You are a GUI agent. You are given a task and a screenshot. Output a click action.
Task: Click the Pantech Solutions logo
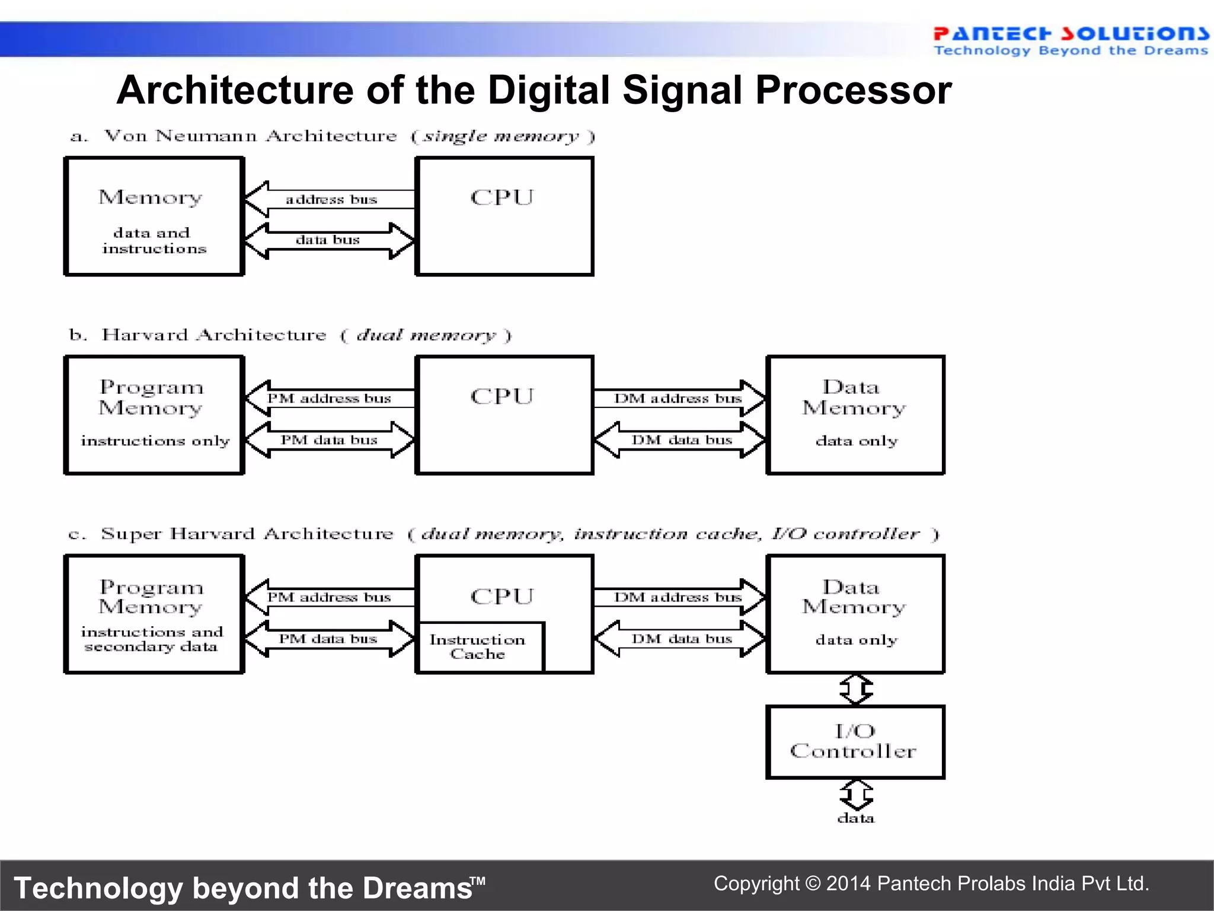click(1070, 40)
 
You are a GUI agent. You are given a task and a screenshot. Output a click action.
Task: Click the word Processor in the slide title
click(854, 90)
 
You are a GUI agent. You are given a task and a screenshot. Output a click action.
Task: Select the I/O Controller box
click(855, 741)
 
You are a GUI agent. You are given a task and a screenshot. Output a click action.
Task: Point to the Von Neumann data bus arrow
click(328, 240)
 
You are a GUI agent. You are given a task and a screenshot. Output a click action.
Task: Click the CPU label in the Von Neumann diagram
click(502, 198)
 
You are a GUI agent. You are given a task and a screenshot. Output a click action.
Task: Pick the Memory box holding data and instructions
click(154, 216)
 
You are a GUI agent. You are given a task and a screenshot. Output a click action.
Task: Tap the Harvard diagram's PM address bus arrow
click(329, 398)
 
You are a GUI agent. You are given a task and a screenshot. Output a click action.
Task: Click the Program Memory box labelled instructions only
click(154, 415)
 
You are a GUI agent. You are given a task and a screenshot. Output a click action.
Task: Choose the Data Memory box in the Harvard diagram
click(855, 415)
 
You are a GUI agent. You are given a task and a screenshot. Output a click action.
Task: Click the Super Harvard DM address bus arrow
click(679, 597)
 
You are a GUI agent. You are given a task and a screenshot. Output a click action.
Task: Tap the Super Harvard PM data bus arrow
click(328, 639)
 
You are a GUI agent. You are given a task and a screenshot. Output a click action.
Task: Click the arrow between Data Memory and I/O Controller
click(856, 689)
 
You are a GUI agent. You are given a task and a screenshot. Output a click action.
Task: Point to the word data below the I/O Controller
click(855, 818)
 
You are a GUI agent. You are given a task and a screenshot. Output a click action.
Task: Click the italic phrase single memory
click(501, 136)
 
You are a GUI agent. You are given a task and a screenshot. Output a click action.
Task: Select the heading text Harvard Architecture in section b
click(214, 335)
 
